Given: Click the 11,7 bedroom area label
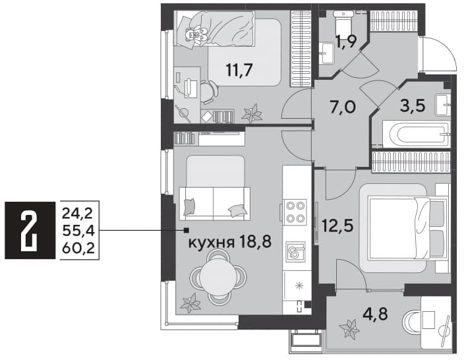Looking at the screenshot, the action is coord(239,71).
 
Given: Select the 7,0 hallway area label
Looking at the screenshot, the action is coord(343,107).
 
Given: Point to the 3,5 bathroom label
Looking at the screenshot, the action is coord(412,105).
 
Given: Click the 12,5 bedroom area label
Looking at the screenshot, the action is coord(337,225).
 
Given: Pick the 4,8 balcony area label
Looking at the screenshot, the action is coord(375,314).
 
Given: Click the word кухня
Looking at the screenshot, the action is coord(211,243).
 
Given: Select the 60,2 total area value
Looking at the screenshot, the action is coord(78,249).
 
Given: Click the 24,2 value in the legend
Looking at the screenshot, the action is coord(78,214).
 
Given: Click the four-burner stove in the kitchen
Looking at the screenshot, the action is coord(296,212).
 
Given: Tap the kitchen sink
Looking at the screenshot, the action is coord(295,252).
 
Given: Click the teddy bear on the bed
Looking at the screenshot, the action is coord(196,34).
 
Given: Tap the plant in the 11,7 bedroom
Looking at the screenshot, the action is coord(252,113).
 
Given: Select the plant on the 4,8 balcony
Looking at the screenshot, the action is coord(349,329).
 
